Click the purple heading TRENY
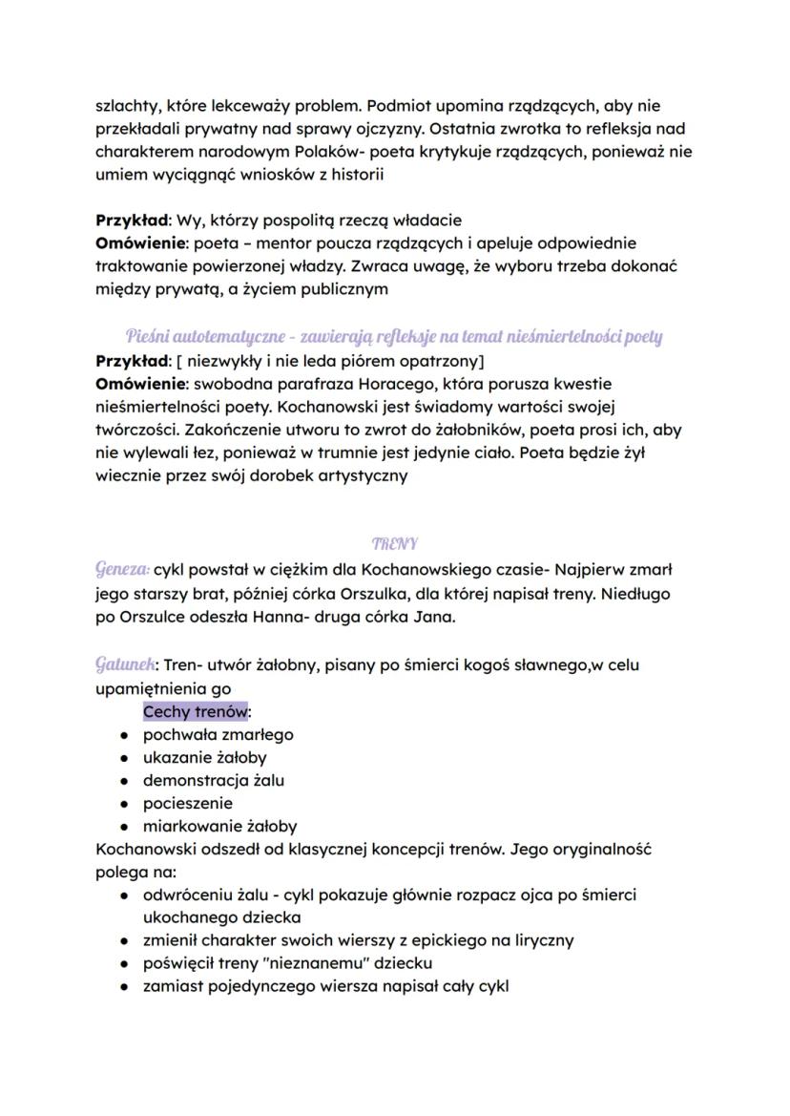click(394, 543)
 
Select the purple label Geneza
click(121, 569)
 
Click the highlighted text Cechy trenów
click(195, 712)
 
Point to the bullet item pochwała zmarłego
click(218, 735)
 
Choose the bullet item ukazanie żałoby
click(200, 758)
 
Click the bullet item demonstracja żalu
click(213, 781)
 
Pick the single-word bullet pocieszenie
click(187, 804)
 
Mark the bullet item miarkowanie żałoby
click(219, 827)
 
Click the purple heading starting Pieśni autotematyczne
click(394, 337)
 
